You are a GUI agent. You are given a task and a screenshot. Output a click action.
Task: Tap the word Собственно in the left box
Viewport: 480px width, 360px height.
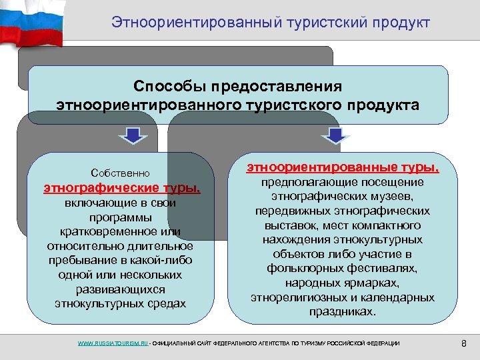click(121, 172)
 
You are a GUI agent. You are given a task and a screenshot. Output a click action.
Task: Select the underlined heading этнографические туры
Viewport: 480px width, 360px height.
click(121, 188)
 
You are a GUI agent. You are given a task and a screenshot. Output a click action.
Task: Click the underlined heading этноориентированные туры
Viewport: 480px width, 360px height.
click(343, 166)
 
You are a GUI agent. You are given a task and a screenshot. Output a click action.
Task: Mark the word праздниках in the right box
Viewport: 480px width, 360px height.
click(343, 311)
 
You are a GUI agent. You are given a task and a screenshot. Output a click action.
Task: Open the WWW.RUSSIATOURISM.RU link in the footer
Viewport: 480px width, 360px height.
click(113, 343)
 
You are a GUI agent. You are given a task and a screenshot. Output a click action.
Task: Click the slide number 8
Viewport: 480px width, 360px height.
click(464, 343)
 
